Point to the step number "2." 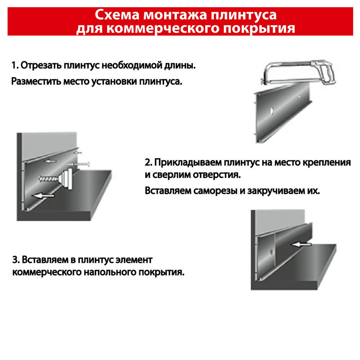[148, 163]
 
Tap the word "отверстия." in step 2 [217, 175]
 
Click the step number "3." [16, 260]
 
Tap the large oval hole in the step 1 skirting [271, 111]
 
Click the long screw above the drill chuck [78, 164]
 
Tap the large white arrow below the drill [44, 195]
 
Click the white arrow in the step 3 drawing [301, 244]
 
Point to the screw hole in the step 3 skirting [271, 252]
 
